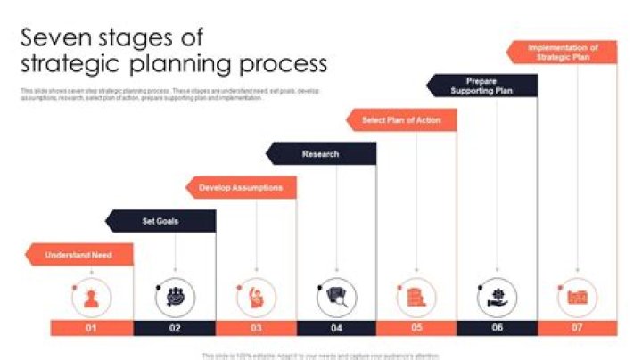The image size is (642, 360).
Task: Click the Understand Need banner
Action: (x=79, y=255)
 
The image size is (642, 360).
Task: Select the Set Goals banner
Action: (x=160, y=221)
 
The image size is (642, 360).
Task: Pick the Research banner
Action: (x=321, y=154)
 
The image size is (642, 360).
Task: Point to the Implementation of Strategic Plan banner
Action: (x=563, y=52)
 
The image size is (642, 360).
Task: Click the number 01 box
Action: (x=91, y=328)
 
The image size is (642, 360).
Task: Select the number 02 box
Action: (x=175, y=328)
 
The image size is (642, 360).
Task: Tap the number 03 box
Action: (x=256, y=328)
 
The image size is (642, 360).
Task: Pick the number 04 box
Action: (x=336, y=328)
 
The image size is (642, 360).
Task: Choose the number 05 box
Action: (x=416, y=328)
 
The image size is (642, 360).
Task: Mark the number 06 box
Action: (x=497, y=328)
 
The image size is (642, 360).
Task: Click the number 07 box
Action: (x=578, y=328)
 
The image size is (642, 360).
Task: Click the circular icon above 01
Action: (x=91, y=297)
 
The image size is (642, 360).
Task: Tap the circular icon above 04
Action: (x=336, y=297)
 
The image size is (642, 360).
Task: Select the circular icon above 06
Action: (x=497, y=297)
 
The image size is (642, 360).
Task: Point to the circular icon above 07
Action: (x=578, y=297)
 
